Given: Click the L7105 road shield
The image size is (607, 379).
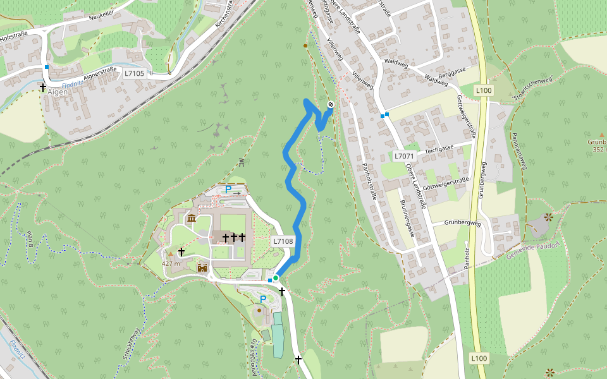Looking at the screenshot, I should pyautogui.click(x=134, y=73).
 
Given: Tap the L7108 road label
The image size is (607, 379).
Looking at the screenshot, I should pyautogui.click(x=283, y=241).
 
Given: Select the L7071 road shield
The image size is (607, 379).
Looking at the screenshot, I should pyautogui.click(x=403, y=156).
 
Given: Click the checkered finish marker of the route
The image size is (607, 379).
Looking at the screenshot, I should pyautogui.click(x=331, y=105).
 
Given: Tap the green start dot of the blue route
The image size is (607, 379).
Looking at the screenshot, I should pyautogui.click(x=276, y=278).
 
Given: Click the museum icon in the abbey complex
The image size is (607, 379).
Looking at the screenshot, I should pyautogui.click(x=191, y=219).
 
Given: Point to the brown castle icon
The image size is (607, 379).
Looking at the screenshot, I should pyautogui.click(x=202, y=268).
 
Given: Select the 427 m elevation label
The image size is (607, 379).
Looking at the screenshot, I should pyautogui.click(x=171, y=263).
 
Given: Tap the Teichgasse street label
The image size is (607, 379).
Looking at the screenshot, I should pyautogui.click(x=439, y=148).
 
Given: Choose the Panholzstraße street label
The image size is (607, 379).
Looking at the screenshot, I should pyautogui.click(x=369, y=181).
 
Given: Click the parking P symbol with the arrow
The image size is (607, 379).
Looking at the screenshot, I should pyautogui.click(x=232, y=189).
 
